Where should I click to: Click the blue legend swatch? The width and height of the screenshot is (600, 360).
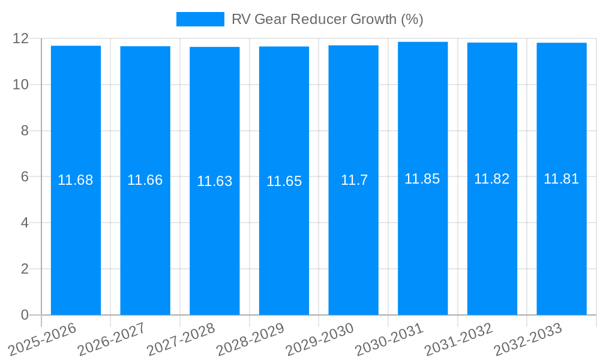[200, 19]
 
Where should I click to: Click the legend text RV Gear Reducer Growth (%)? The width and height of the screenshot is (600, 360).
[327, 19]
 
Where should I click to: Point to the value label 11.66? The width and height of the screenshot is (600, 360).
[145, 180]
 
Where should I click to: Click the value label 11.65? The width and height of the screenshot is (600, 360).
[284, 181]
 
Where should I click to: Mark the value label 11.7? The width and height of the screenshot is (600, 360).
[354, 180]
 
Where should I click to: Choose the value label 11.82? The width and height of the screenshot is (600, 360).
[492, 179]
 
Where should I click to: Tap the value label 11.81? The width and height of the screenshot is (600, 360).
[562, 179]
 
